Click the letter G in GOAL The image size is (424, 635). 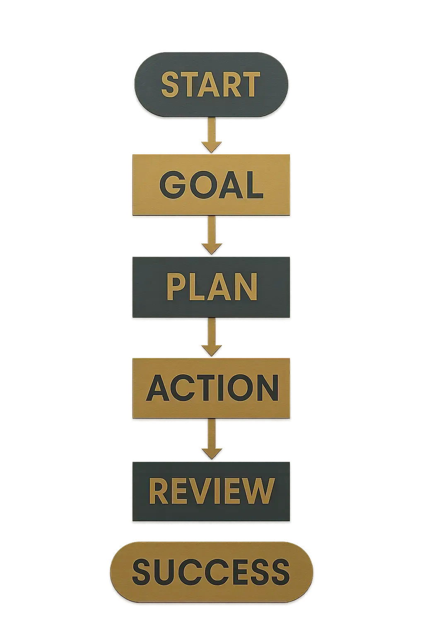[173, 185]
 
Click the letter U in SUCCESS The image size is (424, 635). [171, 572]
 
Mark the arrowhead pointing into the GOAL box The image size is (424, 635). [212, 146]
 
